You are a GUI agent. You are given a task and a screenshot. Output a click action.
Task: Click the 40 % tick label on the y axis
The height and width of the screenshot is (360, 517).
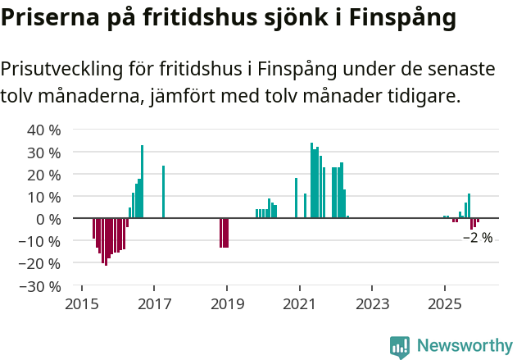pyautogui.click(x=44, y=130)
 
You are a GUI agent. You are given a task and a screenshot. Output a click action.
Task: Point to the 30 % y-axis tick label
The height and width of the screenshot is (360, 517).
pyautogui.click(x=44, y=153)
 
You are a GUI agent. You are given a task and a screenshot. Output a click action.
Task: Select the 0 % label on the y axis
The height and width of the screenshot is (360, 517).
pyautogui.click(x=48, y=219)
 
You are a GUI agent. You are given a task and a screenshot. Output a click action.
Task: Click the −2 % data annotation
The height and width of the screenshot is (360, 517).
pyautogui.click(x=478, y=238)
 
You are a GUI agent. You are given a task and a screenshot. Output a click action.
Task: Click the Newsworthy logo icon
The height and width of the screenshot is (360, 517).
pyautogui.click(x=400, y=347)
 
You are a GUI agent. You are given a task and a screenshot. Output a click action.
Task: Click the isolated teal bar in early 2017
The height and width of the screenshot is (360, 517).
pyautogui.click(x=163, y=192)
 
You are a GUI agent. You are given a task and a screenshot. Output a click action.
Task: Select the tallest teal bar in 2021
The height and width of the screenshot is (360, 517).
pyautogui.click(x=311, y=180)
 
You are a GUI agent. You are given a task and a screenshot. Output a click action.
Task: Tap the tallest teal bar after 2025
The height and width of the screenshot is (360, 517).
pyautogui.click(x=469, y=206)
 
